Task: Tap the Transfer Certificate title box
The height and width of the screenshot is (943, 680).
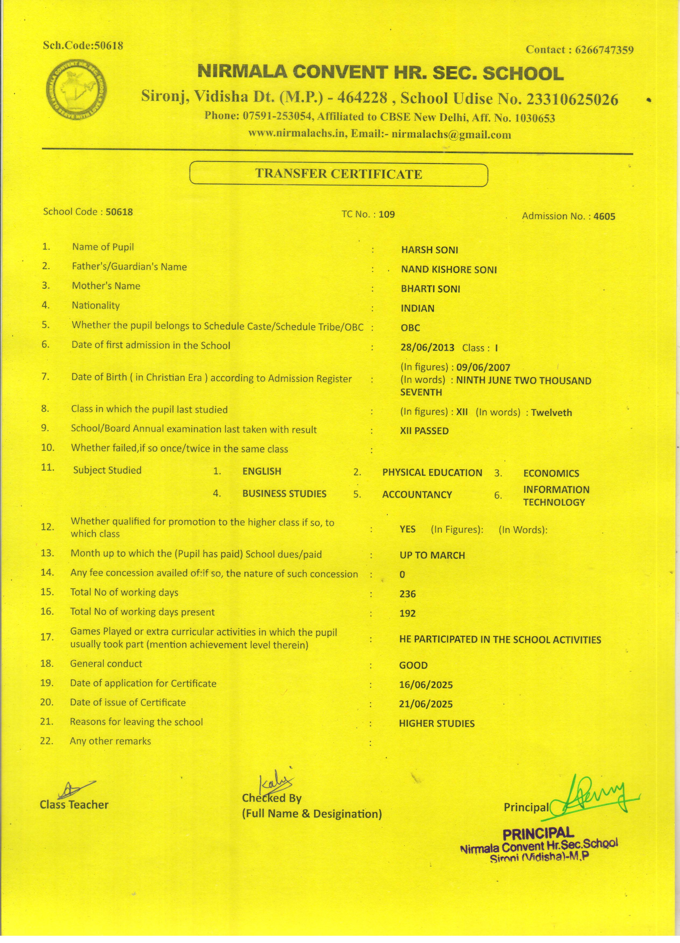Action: tap(339, 174)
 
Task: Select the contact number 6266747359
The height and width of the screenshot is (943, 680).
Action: tap(604, 50)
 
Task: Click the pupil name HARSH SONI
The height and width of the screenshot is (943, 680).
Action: tap(429, 250)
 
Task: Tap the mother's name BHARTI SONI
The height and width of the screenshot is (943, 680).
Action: tap(430, 289)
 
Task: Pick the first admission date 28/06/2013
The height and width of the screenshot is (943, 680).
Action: tap(427, 348)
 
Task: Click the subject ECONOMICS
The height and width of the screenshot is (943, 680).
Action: tap(551, 474)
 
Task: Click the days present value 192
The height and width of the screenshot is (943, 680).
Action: tap(407, 614)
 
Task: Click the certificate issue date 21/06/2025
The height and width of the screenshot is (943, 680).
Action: tap(426, 704)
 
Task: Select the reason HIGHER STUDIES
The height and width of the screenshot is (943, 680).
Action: tap(436, 724)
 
